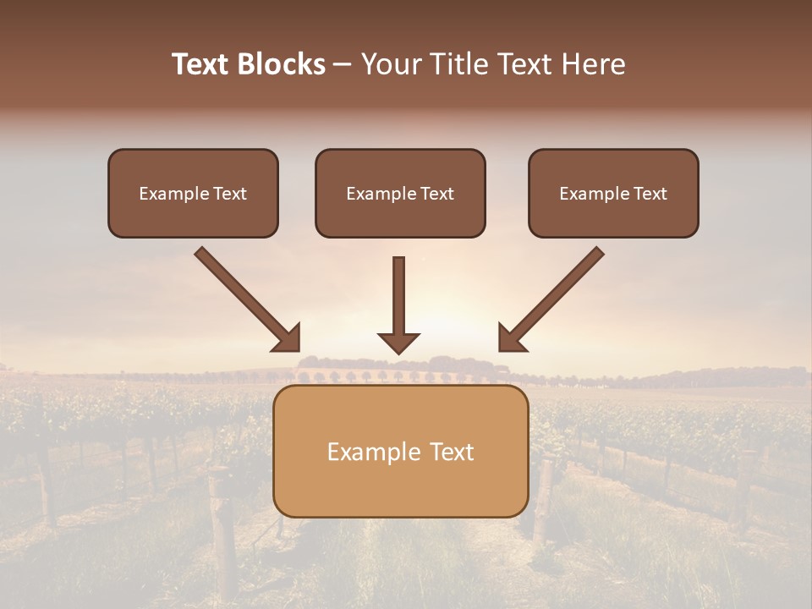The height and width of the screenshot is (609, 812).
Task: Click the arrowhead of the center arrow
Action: coord(398,343)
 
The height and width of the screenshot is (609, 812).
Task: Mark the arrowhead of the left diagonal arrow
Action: coord(288,338)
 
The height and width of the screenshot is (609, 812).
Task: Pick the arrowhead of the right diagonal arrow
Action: coord(511,338)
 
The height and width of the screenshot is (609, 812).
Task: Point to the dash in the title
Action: coord(343,64)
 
